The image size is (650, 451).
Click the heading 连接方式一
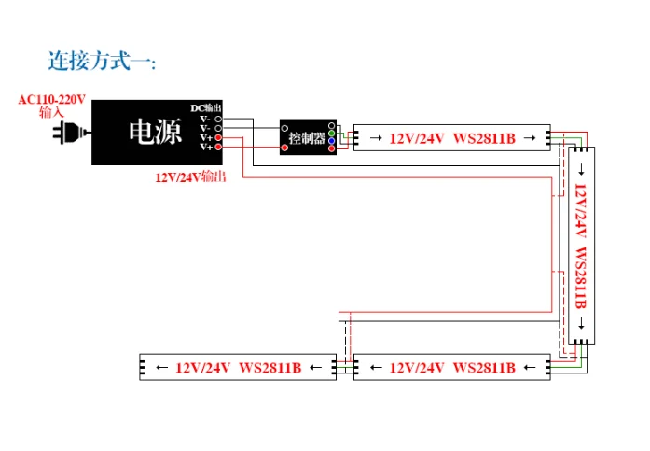(x=102, y=61)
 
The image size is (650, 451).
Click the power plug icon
(x=71, y=133)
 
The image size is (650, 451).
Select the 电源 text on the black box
(x=155, y=132)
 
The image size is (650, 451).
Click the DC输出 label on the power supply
(x=206, y=108)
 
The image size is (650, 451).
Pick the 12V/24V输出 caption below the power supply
(x=190, y=177)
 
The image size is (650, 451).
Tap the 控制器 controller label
(x=307, y=138)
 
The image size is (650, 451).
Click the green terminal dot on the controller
(x=331, y=134)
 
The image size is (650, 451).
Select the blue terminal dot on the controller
(x=331, y=141)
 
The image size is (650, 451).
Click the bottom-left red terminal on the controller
(x=284, y=148)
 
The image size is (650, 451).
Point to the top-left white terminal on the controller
(x=284, y=129)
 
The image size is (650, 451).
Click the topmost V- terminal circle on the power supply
(x=218, y=120)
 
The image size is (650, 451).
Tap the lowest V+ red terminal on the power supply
(x=218, y=147)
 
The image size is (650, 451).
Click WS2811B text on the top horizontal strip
(x=484, y=138)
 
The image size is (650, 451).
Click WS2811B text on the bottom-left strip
(x=270, y=368)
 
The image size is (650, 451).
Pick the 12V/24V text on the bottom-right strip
(x=417, y=368)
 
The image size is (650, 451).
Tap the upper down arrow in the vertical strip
(x=582, y=169)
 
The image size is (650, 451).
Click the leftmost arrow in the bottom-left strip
(x=162, y=367)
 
